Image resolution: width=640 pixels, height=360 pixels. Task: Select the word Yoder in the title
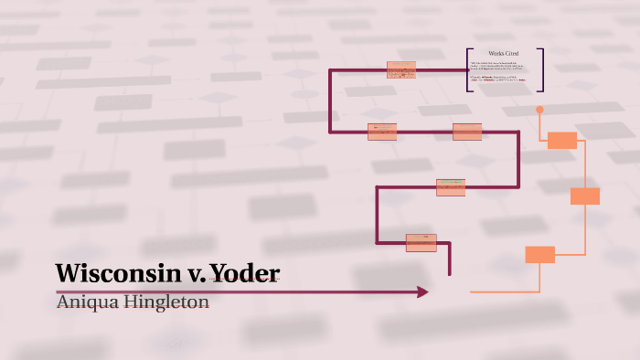point(245,273)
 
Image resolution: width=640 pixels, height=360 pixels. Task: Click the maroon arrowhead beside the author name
point(422,291)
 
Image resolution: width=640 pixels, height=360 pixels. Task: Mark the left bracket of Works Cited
point(468,69)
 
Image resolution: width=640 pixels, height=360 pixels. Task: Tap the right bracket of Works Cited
point(541,69)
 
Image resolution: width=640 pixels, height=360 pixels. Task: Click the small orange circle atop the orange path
point(539,110)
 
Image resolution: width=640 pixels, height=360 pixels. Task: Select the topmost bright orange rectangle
point(561,140)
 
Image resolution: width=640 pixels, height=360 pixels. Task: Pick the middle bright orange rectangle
point(584,196)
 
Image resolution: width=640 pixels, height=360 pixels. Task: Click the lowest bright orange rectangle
point(539,254)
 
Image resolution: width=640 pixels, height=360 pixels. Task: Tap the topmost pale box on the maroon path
point(400,69)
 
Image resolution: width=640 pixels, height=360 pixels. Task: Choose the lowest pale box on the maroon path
point(421,242)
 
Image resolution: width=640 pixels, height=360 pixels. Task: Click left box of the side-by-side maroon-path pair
point(381,132)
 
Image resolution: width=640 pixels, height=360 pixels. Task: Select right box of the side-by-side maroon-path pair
point(466,132)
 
